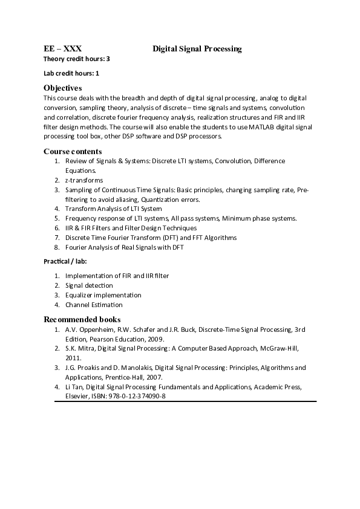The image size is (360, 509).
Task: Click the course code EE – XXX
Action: point(62,48)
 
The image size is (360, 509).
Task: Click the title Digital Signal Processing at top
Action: point(197,48)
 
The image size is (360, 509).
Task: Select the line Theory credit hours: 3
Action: point(76,59)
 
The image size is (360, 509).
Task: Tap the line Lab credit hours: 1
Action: point(71,73)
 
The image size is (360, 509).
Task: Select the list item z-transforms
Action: point(84,180)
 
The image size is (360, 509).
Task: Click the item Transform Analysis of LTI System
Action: point(113,209)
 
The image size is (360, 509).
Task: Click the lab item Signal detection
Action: point(89,285)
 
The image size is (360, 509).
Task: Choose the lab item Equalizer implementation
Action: point(103,295)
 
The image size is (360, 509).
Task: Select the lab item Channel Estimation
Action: point(94,305)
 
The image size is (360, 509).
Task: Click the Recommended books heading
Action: point(82,319)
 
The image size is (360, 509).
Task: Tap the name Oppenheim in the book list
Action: point(97,329)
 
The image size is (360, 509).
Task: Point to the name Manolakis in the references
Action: point(135,368)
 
